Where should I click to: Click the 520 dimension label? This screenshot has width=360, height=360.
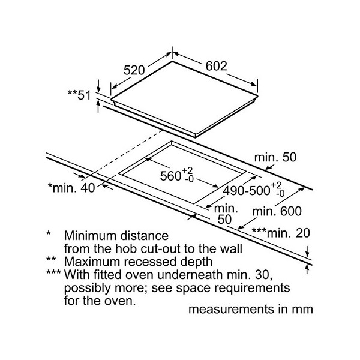tap(134, 70)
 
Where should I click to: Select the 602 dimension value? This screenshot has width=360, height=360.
tap(216, 66)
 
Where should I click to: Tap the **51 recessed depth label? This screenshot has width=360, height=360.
tap(79, 95)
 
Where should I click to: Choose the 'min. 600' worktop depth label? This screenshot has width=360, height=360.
tap(277, 211)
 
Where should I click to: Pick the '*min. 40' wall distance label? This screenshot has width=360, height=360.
tap(71, 188)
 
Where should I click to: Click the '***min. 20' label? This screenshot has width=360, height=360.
tap(281, 233)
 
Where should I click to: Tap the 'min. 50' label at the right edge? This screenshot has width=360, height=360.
tap(275, 157)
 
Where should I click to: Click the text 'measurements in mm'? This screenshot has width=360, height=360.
tap(250, 309)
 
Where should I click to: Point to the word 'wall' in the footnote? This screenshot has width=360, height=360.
tap(232, 248)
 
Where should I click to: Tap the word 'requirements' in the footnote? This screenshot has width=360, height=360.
tap(251, 288)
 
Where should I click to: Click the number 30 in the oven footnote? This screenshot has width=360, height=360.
tap(262, 275)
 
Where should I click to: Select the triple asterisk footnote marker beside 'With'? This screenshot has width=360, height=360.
tap(53, 272)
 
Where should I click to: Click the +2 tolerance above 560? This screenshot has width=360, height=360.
tap(187, 170)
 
